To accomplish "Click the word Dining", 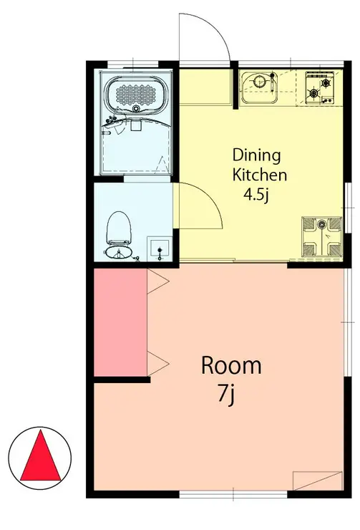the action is pos(257,156).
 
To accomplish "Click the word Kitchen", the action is pos(260,175).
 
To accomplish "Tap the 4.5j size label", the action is pos(256,195).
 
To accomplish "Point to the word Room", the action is pos(231,365).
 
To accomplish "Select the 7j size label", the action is pos(226,394).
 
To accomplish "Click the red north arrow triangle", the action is pos(41,456).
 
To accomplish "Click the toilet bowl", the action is pos(119,228).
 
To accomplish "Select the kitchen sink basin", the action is pos(259,87).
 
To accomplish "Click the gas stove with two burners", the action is pos(319,87).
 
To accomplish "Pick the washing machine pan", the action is pos(322,236).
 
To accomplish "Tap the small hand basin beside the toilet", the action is pos(160,249).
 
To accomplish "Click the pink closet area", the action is pos(120,322).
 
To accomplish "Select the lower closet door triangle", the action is pos(158,363).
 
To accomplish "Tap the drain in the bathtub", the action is pos(136,109).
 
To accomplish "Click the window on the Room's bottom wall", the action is pos(233,494).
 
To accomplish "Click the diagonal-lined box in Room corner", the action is pos(318,481).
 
